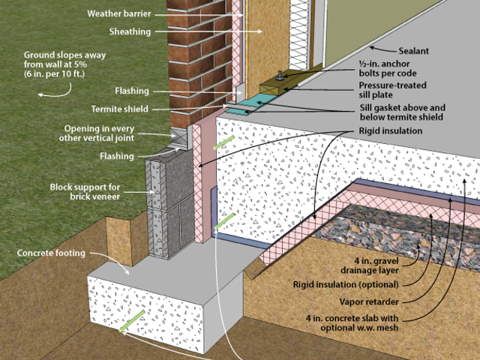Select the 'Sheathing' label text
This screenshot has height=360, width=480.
130,31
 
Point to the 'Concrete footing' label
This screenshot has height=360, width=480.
52,253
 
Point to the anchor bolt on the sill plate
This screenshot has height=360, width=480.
279,73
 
